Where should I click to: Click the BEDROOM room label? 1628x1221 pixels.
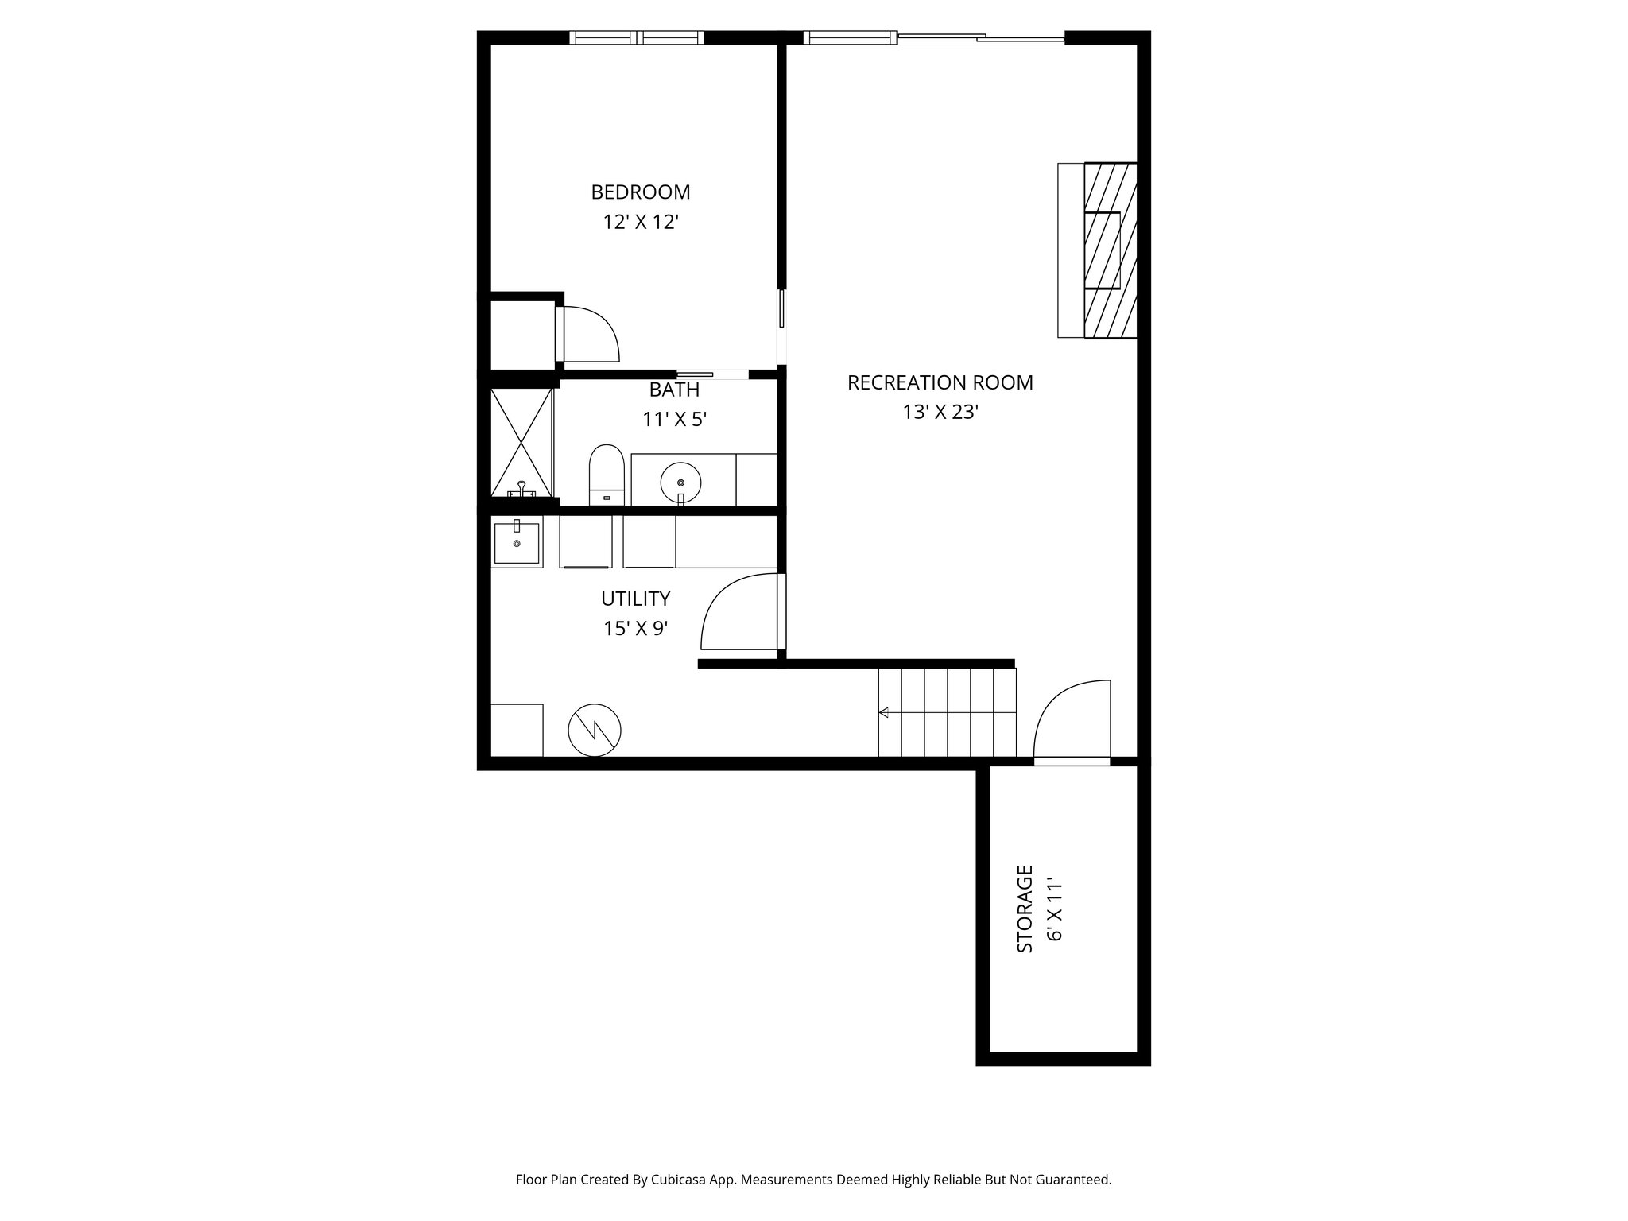[640, 192]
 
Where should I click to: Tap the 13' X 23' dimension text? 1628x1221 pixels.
[940, 413]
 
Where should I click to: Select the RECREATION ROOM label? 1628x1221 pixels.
[940, 382]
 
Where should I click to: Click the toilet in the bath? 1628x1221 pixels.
[607, 475]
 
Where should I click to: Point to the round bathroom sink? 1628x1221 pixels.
[681, 482]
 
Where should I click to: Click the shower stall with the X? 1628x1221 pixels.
[521, 442]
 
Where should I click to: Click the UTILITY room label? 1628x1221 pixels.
[635, 599]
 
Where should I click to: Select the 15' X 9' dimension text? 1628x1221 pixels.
[635, 629]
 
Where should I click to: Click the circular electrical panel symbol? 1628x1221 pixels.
[595, 730]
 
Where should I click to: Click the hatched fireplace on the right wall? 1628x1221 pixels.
[1110, 250]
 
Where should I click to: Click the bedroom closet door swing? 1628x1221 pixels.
[590, 334]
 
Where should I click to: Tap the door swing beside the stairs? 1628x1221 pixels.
[1072, 719]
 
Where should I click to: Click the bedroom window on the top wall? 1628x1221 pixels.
[637, 37]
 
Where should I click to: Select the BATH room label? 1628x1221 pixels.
[674, 390]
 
